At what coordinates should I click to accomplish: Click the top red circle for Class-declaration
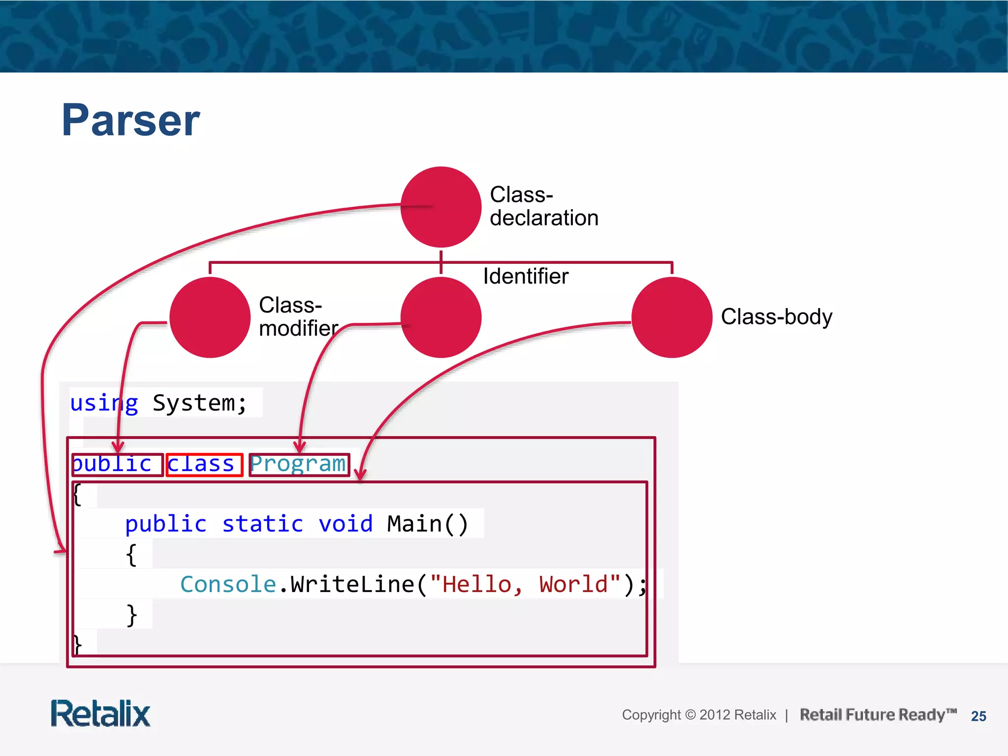pyautogui.click(x=441, y=207)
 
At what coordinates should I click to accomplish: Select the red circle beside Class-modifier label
pyautogui.click(x=210, y=317)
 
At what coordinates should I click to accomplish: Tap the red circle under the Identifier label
pyautogui.click(x=441, y=317)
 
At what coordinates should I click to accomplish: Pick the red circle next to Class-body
pyautogui.click(x=672, y=317)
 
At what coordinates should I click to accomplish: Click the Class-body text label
pyautogui.click(x=776, y=317)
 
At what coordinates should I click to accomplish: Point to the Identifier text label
pyautogui.click(x=526, y=276)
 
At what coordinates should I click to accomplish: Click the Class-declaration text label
pyautogui.click(x=544, y=206)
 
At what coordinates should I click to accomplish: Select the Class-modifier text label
pyautogui.click(x=298, y=316)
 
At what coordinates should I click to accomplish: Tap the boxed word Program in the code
pyautogui.click(x=299, y=465)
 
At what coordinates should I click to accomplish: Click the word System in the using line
pyautogui.click(x=194, y=404)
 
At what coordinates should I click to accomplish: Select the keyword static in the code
pyautogui.click(x=262, y=524)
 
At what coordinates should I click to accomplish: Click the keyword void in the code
pyautogui.click(x=346, y=524)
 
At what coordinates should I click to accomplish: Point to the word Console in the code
pyautogui.click(x=228, y=584)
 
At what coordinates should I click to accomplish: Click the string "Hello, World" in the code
pyautogui.click(x=525, y=584)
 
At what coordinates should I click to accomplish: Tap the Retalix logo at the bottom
pyautogui.click(x=101, y=714)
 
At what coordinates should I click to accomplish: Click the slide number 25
pyautogui.click(x=978, y=716)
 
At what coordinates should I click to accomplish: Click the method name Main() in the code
pyautogui.click(x=427, y=524)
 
